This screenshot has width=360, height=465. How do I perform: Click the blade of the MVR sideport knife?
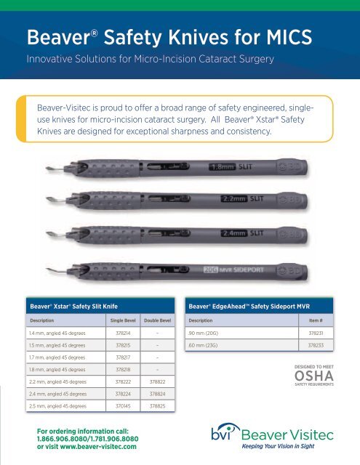click(32, 266)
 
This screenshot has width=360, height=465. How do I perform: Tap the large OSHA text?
click(315, 375)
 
